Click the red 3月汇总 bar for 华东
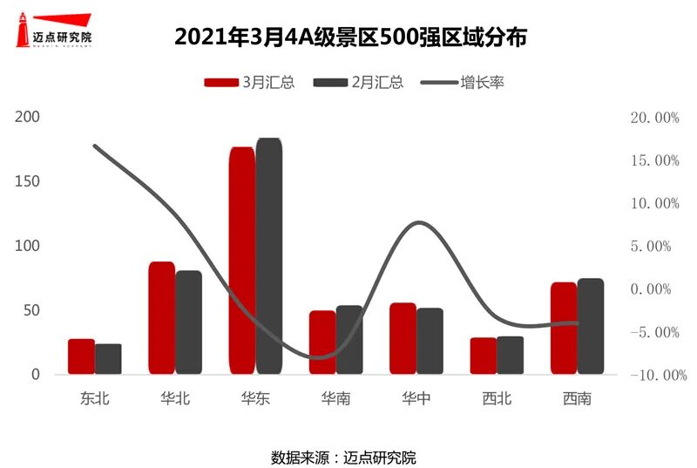click(x=242, y=261)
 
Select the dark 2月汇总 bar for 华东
click(x=269, y=257)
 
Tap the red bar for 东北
click(x=81, y=356)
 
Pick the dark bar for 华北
click(x=189, y=322)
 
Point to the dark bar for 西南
click(x=591, y=327)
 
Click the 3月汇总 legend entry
click(x=249, y=83)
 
